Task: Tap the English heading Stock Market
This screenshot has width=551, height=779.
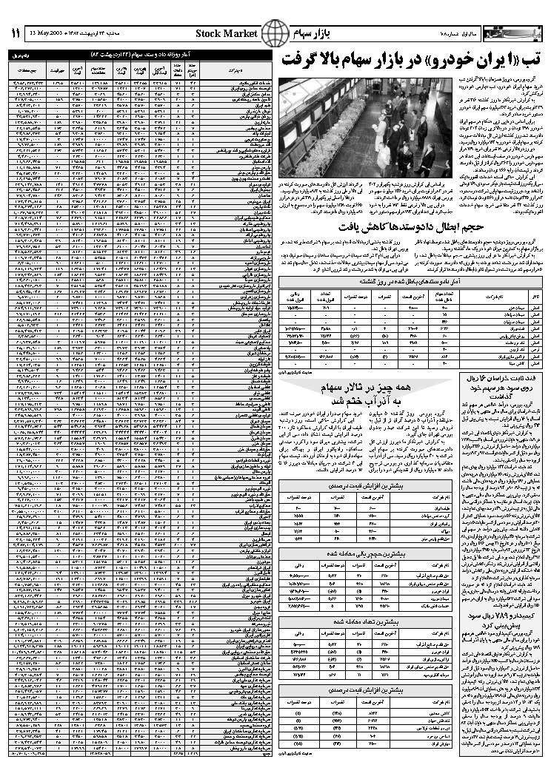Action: tap(227, 34)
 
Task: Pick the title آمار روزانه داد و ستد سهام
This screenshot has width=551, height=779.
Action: tap(141, 55)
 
